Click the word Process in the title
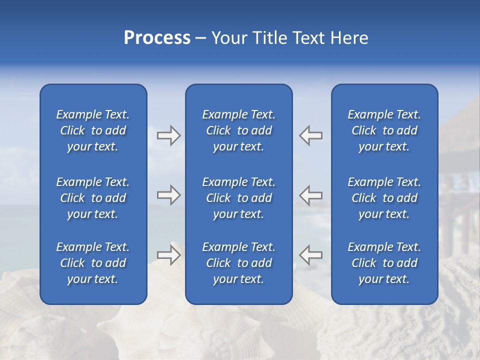(x=157, y=38)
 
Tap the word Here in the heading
(x=349, y=38)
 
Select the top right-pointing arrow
(x=168, y=135)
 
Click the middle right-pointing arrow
(x=168, y=195)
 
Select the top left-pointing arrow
(x=311, y=135)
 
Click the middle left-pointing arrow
(x=311, y=195)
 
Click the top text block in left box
(x=93, y=130)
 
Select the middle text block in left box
(x=93, y=198)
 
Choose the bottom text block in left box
(x=93, y=263)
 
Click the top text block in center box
(x=239, y=130)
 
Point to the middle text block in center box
(x=239, y=198)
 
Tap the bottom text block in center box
(x=239, y=263)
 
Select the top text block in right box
(x=384, y=130)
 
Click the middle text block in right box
(x=384, y=198)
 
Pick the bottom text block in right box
(x=384, y=263)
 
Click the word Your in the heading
(x=228, y=38)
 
